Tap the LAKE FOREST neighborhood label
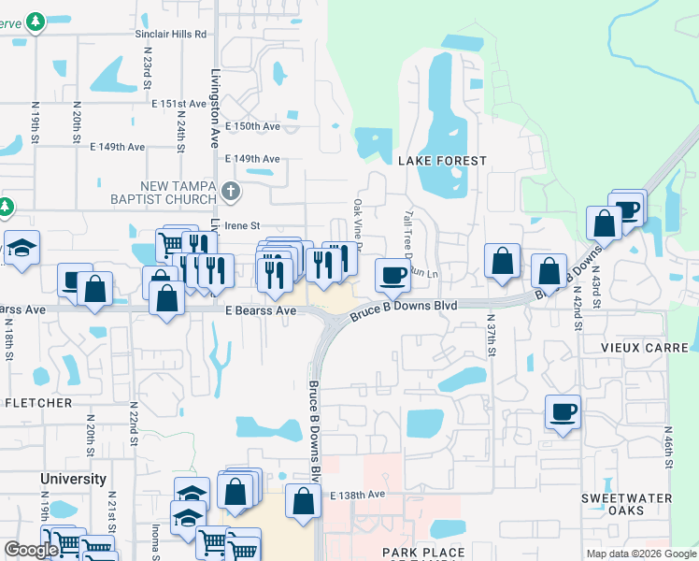pyautogui.click(x=443, y=161)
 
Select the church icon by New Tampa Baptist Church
pyautogui.click(x=232, y=193)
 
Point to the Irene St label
pyautogui.click(x=241, y=225)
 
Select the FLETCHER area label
pyautogui.click(x=38, y=403)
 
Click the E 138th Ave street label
pyautogui.click(x=358, y=494)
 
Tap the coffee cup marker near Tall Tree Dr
pyautogui.click(x=392, y=274)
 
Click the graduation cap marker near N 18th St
pyautogui.click(x=21, y=248)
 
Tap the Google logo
pyautogui.click(x=31, y=550)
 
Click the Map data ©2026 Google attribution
pyautogui.click(x=640, y=554)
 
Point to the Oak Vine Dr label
pyautogui.click(x=357, y=218)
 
